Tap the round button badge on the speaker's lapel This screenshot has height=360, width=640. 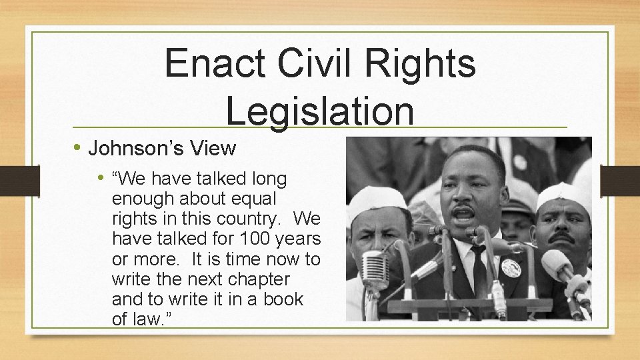pos(511,269)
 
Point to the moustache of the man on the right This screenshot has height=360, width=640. pos(561,237)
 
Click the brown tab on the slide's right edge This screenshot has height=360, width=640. pos(619,180)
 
